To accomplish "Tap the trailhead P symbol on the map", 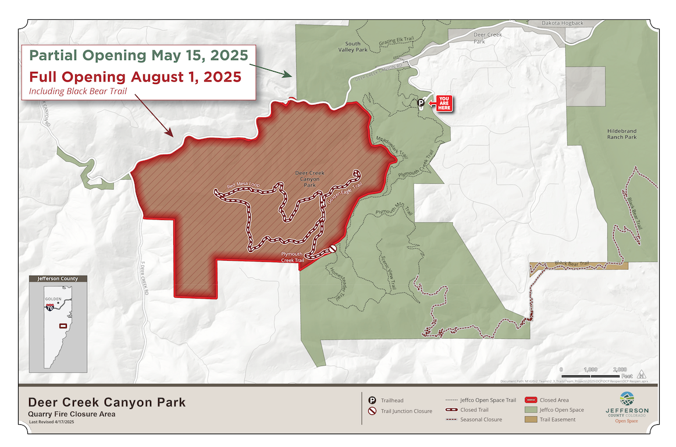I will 421,103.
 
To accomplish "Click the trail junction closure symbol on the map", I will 333,249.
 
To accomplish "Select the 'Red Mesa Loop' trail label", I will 243,185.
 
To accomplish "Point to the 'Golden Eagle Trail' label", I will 344,193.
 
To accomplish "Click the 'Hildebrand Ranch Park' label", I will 622,134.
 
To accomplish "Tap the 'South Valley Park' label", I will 353,47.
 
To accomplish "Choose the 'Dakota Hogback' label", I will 563,23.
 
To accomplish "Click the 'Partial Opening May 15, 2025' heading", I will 139,56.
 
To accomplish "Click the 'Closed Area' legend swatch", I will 531,400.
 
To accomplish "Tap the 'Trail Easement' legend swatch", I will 531,419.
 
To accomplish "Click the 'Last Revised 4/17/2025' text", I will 51,421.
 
